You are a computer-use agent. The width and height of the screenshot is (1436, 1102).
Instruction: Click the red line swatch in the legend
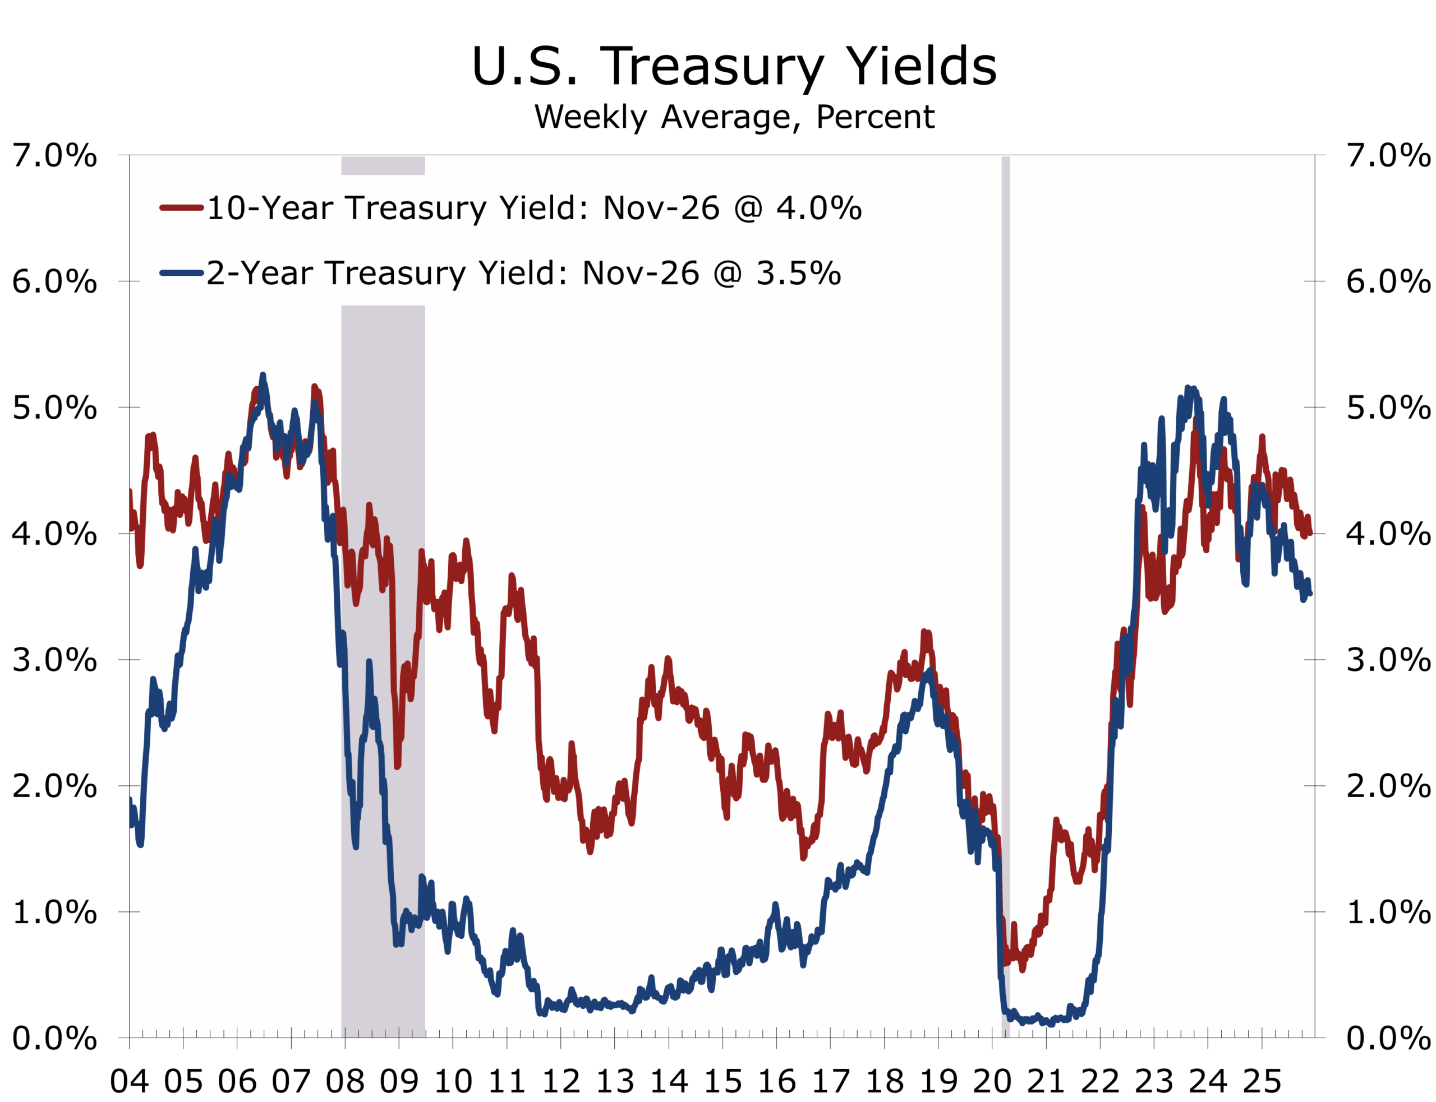(x=181, y=208)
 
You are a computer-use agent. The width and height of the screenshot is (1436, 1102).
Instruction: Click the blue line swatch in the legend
(x=181, y=273)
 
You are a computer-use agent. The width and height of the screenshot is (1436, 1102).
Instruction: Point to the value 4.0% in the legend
(x=818, y=208)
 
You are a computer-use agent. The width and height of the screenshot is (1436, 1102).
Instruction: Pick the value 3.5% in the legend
(x=798, y=273)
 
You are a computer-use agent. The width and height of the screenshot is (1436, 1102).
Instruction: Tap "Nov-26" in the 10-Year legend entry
(x=661, y=208)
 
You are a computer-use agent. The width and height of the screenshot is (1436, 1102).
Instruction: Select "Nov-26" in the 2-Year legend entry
(x=640, y=273)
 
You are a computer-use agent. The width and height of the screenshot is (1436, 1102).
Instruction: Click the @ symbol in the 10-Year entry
(x=748, y=208)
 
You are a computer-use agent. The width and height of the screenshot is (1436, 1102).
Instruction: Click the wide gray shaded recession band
(x=383, y=656)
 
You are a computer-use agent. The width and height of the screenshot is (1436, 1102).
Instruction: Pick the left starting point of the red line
(x=131, y=492)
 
